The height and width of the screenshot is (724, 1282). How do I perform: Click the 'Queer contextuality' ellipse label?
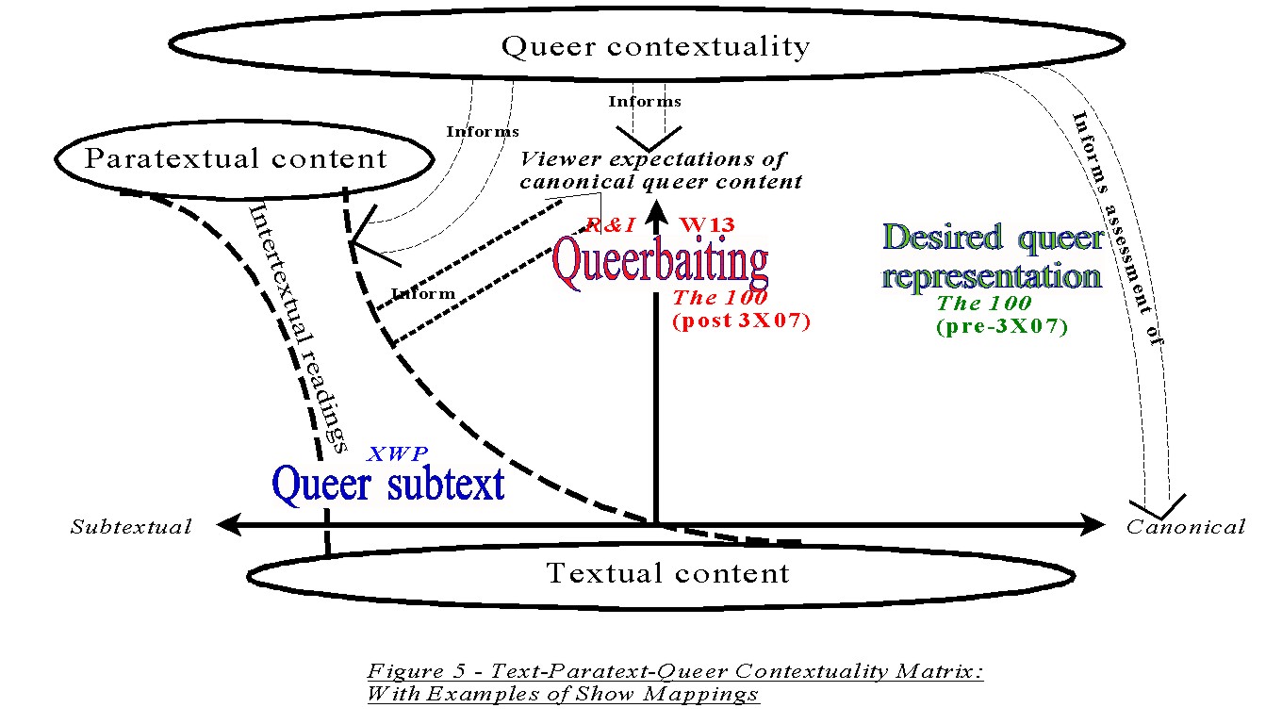(x=655, y=46)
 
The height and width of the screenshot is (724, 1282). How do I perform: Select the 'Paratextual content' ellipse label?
(x=236, y=158)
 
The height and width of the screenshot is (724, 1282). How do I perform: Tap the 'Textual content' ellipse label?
(x=668, y=573)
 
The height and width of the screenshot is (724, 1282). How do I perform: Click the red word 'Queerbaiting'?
(x=660, y=262)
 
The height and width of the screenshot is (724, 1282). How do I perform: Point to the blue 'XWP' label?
(x=397, y=453)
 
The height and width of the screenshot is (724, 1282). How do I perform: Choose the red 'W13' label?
(x=707, y=224)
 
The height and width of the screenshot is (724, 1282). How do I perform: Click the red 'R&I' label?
(x=611, y=225)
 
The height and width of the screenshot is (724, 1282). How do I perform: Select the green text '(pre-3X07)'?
(x=1002, y=326)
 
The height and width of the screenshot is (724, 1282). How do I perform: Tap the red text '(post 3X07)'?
(x=742, y=321)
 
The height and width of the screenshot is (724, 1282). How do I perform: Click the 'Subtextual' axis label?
(x=131, y=527)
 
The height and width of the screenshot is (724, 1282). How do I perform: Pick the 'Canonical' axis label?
(x=1186, y=527)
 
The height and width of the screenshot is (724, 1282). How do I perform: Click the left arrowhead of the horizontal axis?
(x=228, y=524)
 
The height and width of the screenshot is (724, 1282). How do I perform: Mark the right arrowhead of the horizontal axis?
(x=1093, y=524)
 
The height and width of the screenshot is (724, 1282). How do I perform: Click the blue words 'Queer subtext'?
(x=388, y=485)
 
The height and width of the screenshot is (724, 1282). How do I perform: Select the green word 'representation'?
(x=992, y=276)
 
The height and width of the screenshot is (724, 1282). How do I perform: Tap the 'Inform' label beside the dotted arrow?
(x=423, y=293)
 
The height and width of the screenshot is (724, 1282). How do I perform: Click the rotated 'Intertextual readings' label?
(x=298, y=329)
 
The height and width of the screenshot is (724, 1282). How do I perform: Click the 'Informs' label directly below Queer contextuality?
(x=645, y=101)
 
